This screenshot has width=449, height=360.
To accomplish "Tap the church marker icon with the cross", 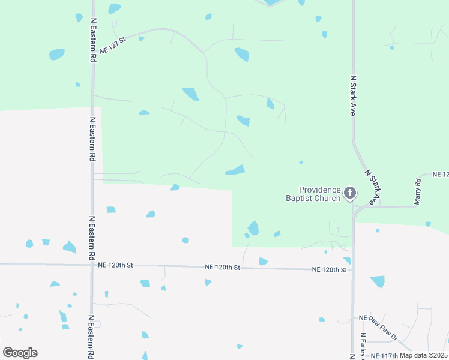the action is pyautogui.click(x=350, y=194).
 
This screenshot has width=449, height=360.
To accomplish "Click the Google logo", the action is pyautogui.click(x=20, y=353).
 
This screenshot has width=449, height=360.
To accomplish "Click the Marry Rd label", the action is pyautogui.click(x=418, y=191).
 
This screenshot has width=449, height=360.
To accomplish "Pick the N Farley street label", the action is pyautogui.click(x=363, y=346).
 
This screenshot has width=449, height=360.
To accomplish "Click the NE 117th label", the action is pyautogui.click(x=384, y=356).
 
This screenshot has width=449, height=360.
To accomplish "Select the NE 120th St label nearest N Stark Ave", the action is pyautogui.click(x=330, y=270).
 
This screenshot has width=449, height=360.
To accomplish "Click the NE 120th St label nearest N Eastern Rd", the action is pyautogui.click(x=115, y=265).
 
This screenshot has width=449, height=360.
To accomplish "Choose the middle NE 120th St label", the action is pyautogui.click(x=222, y=267).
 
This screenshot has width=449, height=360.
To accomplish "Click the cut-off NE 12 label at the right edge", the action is pyautogui.click(x=441, y=174).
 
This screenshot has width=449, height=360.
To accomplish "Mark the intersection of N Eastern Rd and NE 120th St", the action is pyautogui.click(x=92, y=265).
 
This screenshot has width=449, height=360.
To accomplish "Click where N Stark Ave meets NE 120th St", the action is pyautogui.click(x=353, y=271).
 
